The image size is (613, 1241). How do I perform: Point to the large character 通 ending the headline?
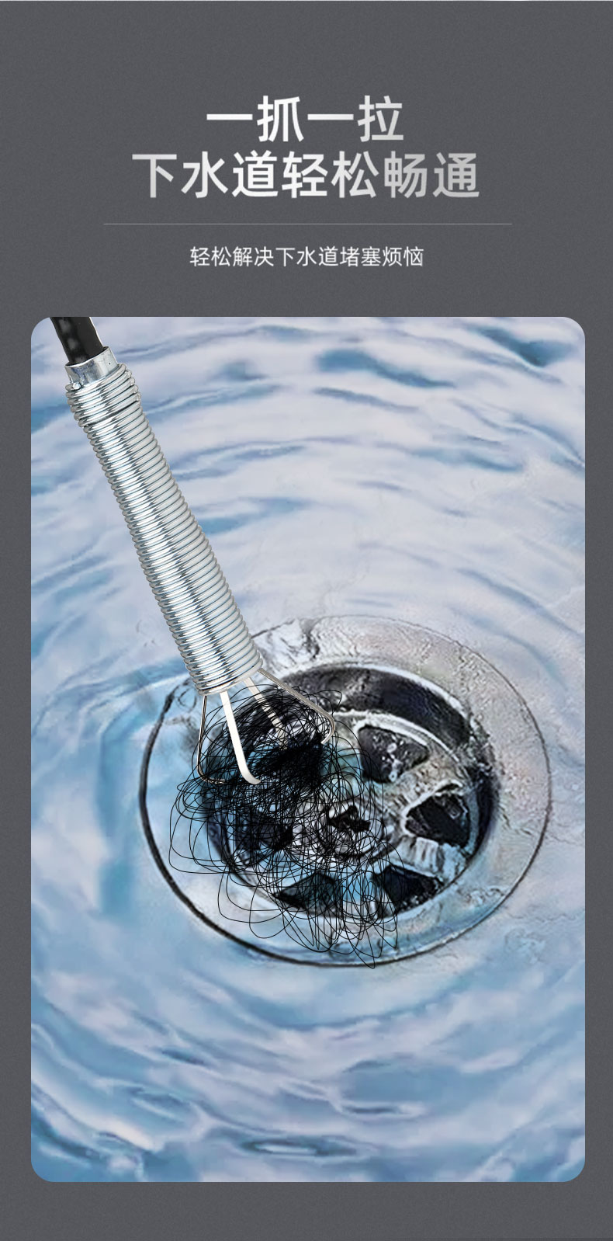click(455, 175)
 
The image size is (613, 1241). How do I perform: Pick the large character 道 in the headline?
click(255, 175)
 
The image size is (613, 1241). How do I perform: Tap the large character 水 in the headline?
click(205, 175)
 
